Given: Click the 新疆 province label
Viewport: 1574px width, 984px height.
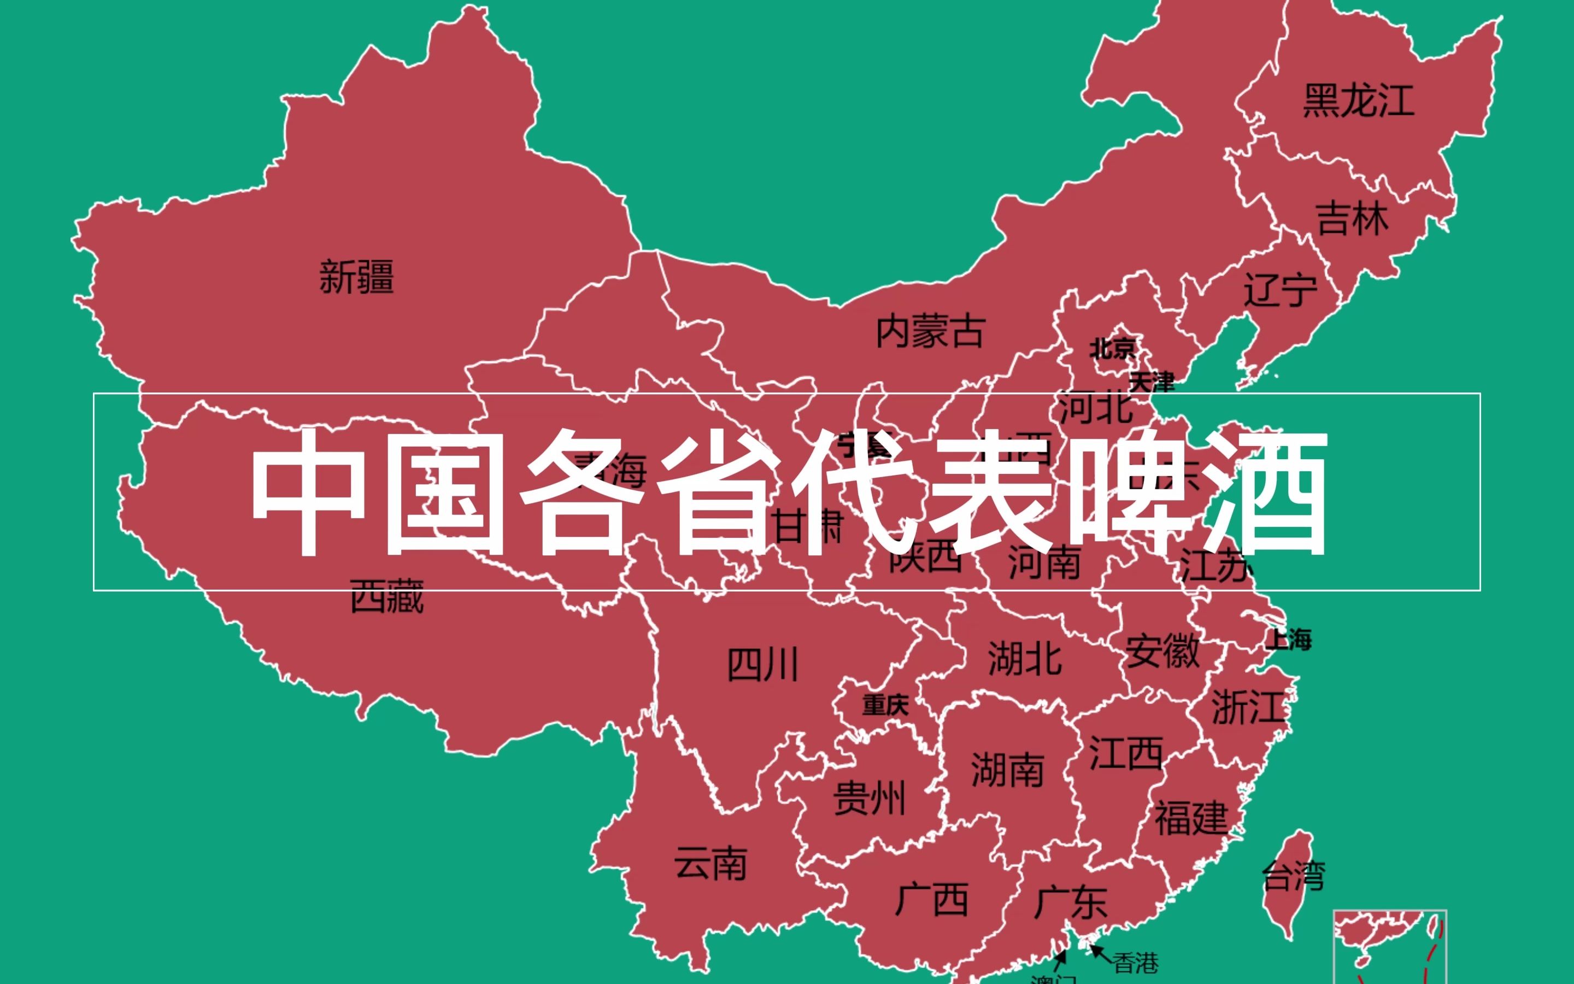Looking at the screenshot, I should (x=356, y=277).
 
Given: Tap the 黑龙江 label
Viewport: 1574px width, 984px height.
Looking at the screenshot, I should (x=1359, y=101).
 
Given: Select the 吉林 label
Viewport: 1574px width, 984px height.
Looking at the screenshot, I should (x=1352, y=219).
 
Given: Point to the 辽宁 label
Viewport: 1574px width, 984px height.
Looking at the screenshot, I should (x=1280, y=290).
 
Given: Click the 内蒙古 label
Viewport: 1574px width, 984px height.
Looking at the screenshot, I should (x=930, y=332).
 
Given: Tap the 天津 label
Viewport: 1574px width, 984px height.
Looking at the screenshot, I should (x=1152, y=382).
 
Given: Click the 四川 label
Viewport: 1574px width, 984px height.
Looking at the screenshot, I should (x=762, y=665).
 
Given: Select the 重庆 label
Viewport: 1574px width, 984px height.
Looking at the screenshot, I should (x=885, y=705).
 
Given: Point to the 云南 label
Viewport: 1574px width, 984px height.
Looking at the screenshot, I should (x=710, y=864).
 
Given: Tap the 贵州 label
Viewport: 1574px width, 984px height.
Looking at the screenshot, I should (x=870, y=799).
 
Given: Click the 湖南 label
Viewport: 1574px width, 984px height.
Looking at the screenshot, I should (x=1007, y=770).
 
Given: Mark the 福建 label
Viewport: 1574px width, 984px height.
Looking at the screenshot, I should (x=1191, y=818).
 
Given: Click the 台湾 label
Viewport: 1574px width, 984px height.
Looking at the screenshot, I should (x=1293, y=875).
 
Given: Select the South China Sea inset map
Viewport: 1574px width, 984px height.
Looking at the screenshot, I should (x=1390, y=947).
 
